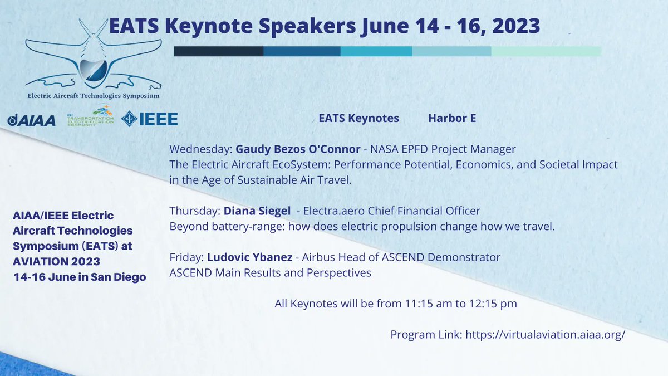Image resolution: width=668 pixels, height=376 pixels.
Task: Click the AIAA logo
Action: tap(32, 120)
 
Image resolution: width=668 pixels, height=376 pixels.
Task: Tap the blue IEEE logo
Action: tap(150, 119)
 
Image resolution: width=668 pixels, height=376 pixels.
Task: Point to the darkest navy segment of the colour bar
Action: tap(218, 51)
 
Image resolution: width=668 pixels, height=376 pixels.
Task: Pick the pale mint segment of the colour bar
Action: tap(546, 51)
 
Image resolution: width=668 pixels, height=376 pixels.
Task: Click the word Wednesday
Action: tap(199, 149)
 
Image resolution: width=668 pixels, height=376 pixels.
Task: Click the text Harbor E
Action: tap(452, 118)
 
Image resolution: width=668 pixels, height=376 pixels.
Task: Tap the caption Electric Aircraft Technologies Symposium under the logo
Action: tap(94, 96)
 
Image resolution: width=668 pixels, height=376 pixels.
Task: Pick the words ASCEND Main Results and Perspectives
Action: tap(271, 274)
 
